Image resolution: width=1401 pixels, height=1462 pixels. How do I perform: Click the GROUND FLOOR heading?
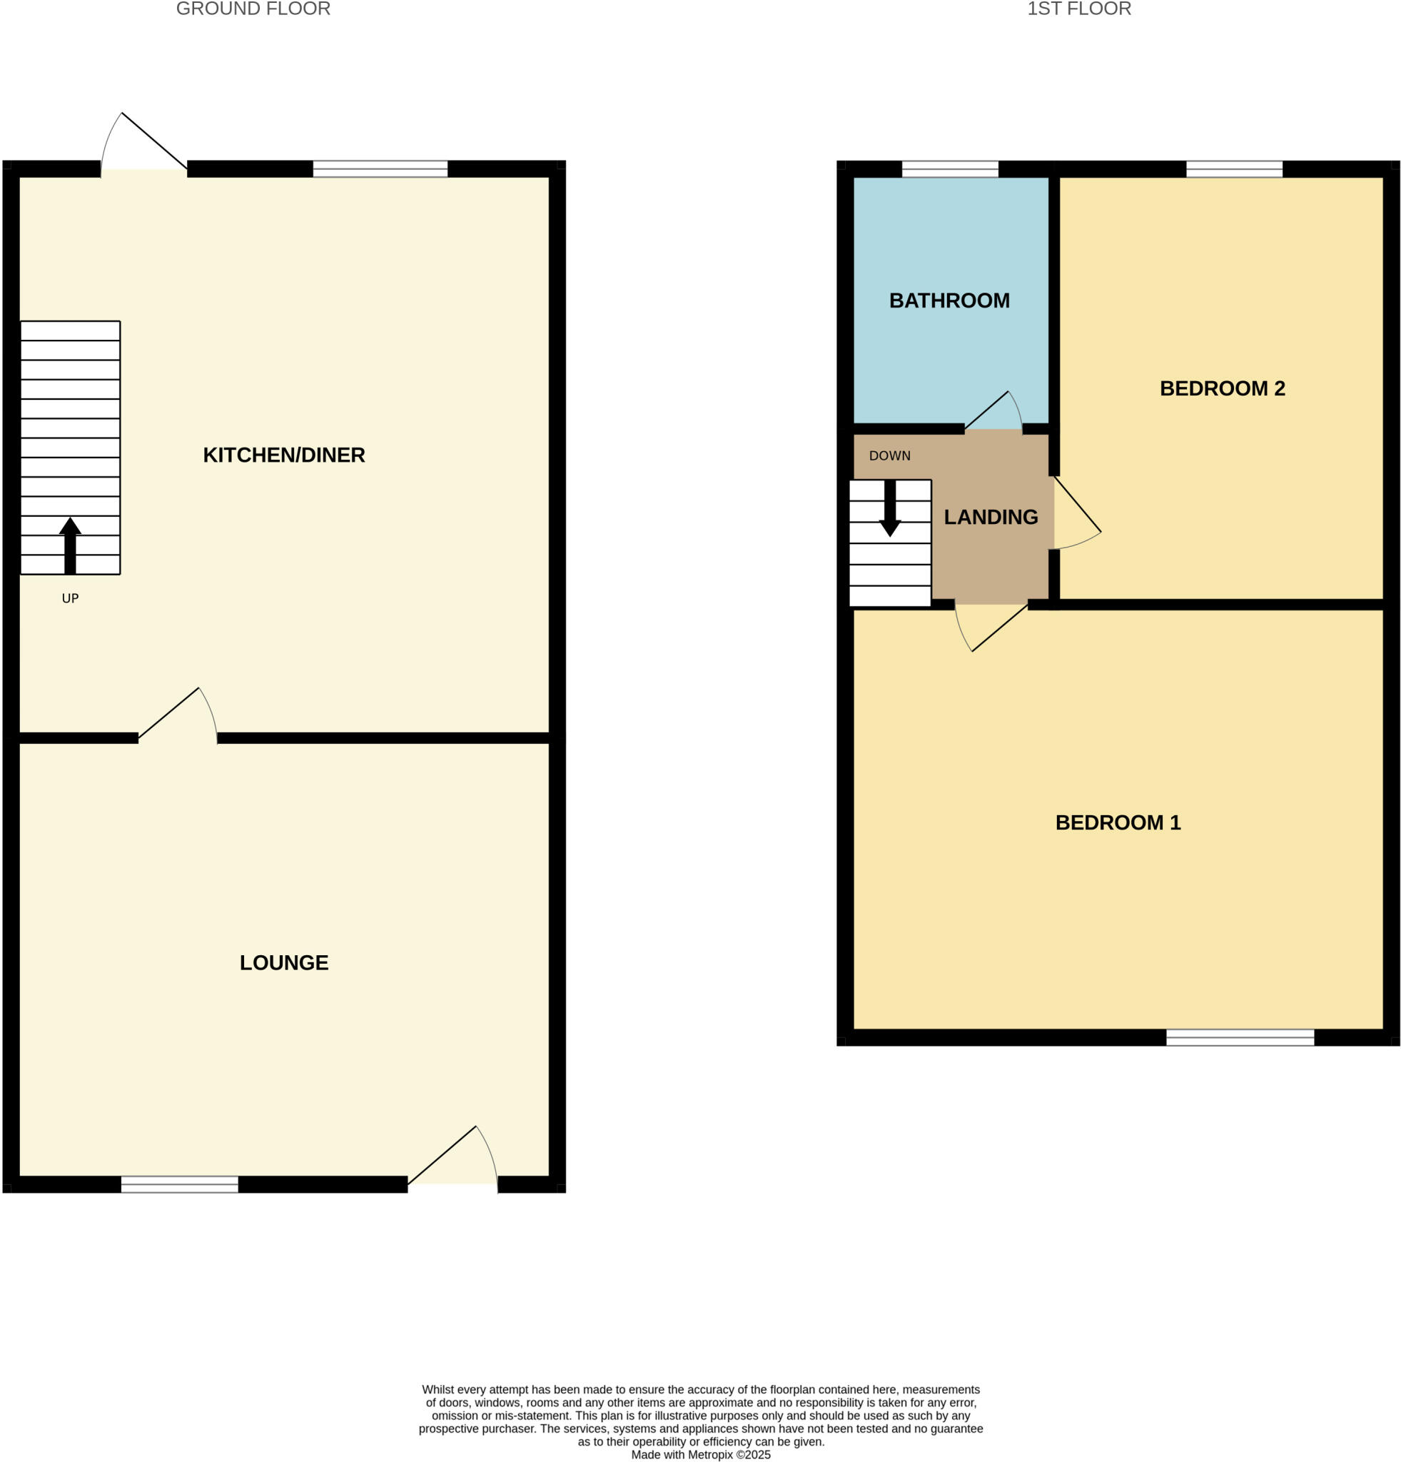point(253,9)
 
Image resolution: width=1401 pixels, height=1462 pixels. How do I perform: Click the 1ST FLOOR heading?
point(1078,9)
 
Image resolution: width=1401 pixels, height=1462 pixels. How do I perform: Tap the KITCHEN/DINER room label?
point(284,455)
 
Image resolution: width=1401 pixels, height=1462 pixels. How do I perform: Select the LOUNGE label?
point(284,963)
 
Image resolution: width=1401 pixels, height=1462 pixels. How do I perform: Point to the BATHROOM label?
point(949,301)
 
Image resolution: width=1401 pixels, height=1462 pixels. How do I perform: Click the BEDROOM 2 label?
point(1222,388)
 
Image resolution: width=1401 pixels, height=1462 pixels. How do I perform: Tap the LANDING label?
point(991,517)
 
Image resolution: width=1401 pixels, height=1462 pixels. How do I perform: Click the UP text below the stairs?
point(70,598)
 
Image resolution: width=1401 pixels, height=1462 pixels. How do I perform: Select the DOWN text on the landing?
point(889,455)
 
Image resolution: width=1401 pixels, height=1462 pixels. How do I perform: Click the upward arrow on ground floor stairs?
point(70,545)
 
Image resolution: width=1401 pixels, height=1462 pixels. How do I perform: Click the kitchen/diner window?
point(380,168)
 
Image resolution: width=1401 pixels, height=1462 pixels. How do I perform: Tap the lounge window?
point(180,1184)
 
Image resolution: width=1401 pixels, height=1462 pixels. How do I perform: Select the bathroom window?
point(950,168)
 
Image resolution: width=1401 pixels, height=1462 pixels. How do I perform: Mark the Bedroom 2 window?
point(1234,168)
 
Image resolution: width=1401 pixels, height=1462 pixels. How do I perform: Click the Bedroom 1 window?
point(1240,1037)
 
